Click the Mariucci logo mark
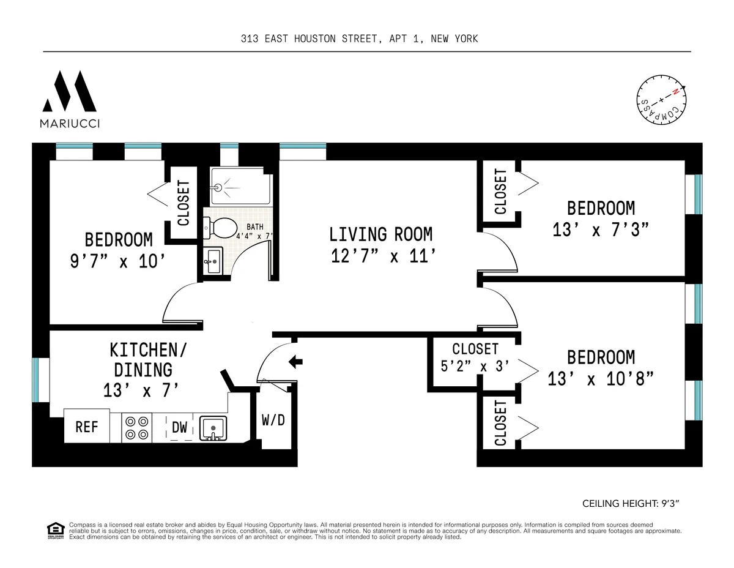coord(70,92)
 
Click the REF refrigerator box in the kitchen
coord(87,427)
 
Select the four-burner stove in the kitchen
coord(136,427)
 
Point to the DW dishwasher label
coord(179,427)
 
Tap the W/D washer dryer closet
coord(273,421)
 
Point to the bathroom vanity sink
coord(212,262)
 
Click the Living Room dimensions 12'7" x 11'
coord(381,255)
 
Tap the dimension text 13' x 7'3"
coord(600,230)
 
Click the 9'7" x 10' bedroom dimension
coord(118,261)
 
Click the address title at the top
coord(359,39)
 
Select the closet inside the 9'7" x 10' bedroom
coord(183,203)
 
